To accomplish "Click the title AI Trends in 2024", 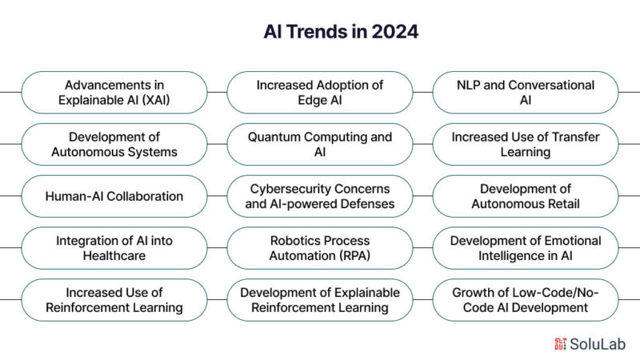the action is point(341,32).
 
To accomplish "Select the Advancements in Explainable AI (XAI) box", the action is point(114,92).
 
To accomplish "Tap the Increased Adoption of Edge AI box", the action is point(320,92).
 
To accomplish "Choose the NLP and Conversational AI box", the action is point(526,92).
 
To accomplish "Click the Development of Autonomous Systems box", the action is point(114,144).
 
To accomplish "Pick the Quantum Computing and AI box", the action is point(320,144).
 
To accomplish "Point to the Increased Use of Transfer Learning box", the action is point(526,144).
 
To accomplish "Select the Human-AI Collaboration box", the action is point(114,196).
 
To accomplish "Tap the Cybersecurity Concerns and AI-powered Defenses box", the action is point(320,196).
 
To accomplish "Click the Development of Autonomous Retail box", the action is point(526,196).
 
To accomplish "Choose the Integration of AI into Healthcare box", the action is point(114,248).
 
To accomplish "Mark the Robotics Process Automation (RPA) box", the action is point(320,248).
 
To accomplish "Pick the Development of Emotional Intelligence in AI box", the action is point(526,248).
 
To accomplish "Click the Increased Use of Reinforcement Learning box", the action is point(114,299).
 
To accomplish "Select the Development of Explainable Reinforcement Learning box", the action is point(320,299).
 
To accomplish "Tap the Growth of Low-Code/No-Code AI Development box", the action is point(526,299).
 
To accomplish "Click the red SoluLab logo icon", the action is point(561,344).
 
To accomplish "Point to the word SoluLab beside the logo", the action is point(598,344).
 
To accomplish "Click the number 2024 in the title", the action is point(395,32).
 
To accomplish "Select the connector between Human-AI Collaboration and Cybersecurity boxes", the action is point(217,196).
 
